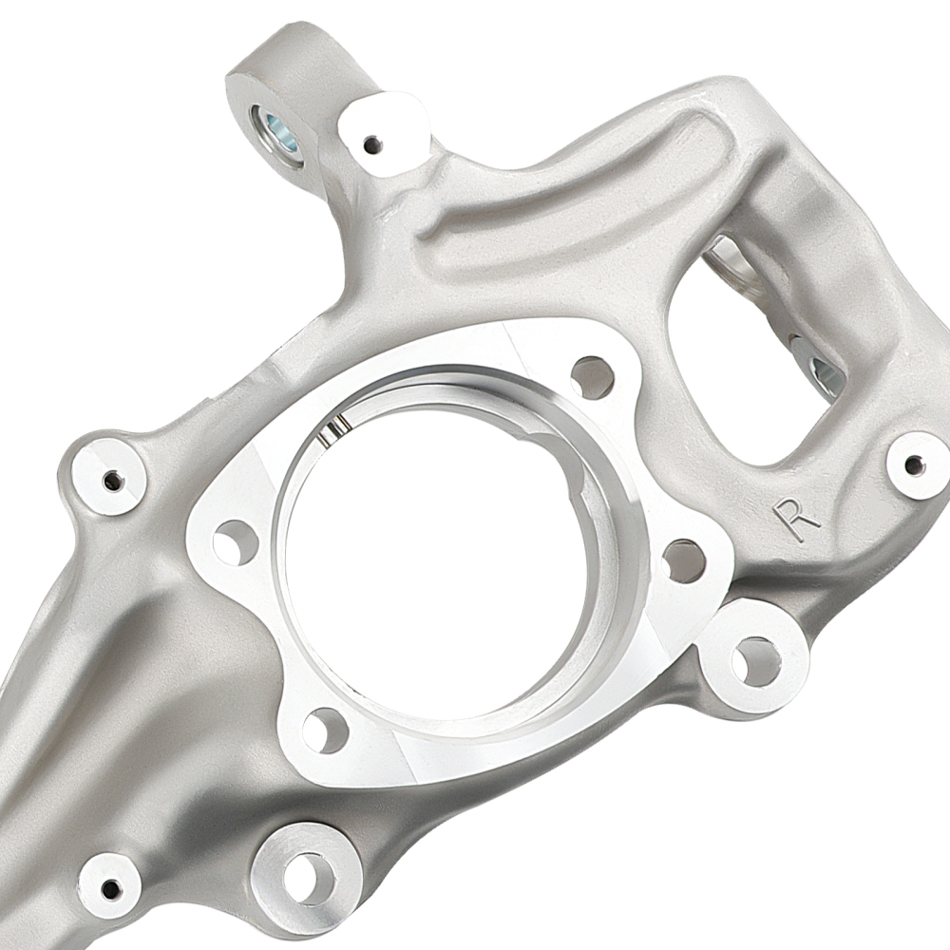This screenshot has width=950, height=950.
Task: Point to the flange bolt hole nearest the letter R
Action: [684, 560]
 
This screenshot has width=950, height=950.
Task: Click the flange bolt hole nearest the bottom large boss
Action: [325, 730]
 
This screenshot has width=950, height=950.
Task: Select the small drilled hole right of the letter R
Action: [914, 465]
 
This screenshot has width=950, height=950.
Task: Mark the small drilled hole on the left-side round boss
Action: [111, 478]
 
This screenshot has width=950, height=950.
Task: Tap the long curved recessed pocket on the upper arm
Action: [570, 190]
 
